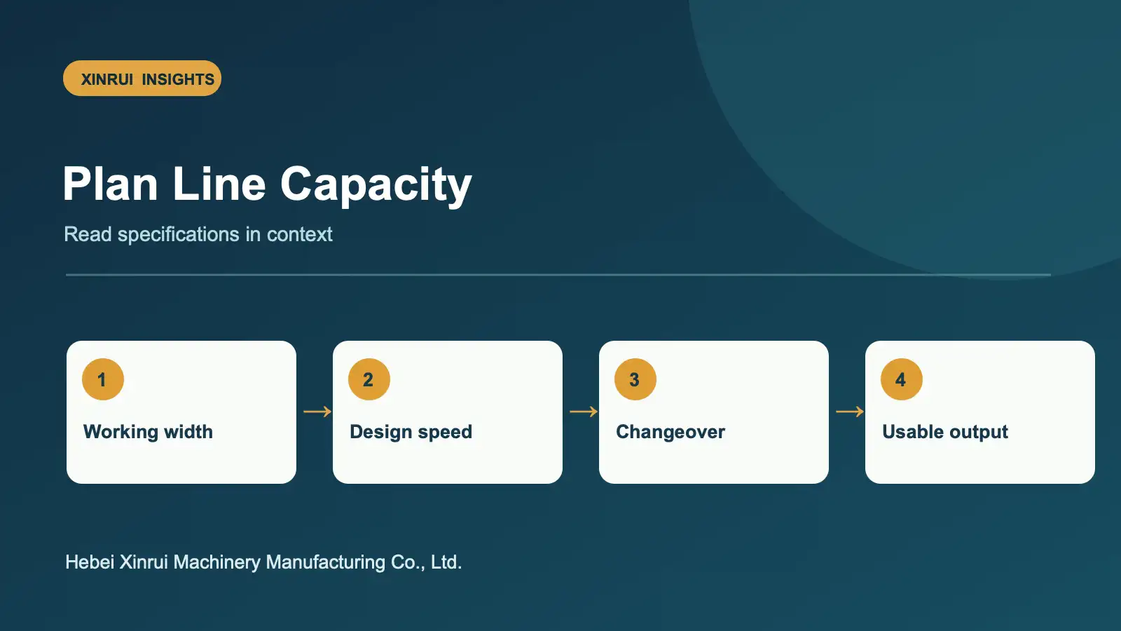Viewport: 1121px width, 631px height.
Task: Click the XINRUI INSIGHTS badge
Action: [142, 79]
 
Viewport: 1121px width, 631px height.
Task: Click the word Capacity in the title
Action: [376, 186]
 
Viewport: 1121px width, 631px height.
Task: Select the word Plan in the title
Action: [111, 184]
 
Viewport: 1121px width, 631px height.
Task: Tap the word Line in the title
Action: [219, 184]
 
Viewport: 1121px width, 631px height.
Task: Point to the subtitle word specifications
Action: [178, 235]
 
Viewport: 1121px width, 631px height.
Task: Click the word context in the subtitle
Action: [299, 234]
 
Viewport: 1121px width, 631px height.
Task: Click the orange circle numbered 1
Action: [102, 379]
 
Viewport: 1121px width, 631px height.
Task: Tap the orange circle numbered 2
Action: [369, 379]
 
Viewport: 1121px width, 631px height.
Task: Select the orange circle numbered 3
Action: [635, 379]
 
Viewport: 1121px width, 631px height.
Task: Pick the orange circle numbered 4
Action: [901, 379]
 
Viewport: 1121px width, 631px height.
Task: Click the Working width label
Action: [148, 432]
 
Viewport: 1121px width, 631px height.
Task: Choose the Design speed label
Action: [411, 432]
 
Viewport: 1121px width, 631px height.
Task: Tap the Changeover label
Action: [670, 432]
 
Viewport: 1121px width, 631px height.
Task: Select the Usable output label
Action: [945, 432]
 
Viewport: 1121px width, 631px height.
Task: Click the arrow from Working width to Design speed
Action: [317, 412]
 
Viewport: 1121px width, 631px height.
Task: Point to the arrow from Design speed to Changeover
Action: [584, 412]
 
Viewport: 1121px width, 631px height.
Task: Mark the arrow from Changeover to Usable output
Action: [850, 412]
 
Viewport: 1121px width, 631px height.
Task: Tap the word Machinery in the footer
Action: [216, 563]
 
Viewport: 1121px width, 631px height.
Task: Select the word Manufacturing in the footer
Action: [326, 563]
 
